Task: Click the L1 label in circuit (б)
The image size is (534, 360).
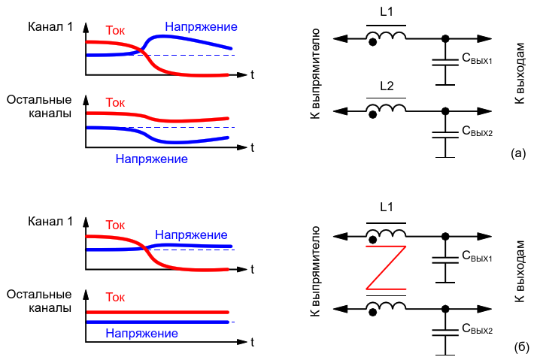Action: click(386, 207)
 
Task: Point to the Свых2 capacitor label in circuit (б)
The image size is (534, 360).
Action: click(477, 328)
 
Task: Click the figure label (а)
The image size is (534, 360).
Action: click(517, 154)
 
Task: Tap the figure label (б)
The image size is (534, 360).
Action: click(517, 346)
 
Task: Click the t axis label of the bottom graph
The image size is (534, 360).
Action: click(253, 341)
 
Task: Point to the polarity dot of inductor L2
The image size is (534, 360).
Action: click(372, 114)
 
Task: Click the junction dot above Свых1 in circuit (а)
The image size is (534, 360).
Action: click(445, 38)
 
